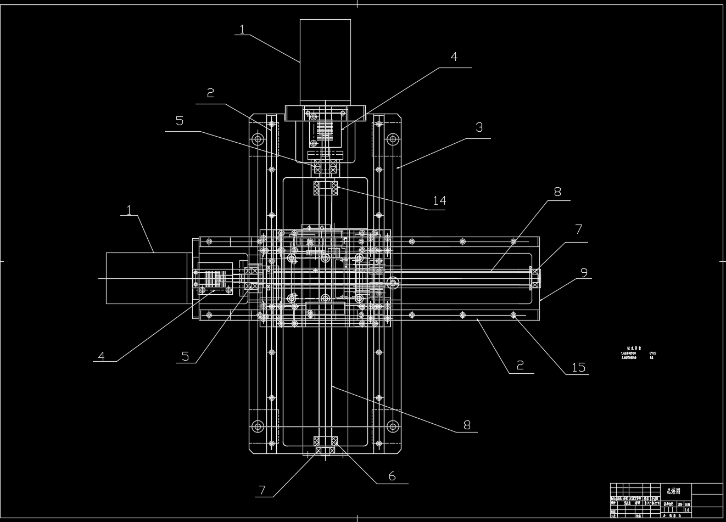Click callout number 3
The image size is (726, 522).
pyautogui.click(x=479, y=127)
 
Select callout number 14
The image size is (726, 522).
pyautogui.click(x=439, y=200)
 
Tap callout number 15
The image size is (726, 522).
pyautogui.click(x=579, y=367)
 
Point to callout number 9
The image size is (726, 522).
pyautogui.click(x=584, y=271)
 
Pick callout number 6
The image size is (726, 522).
pyautogui.click(x=392, y=476)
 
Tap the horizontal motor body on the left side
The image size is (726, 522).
pyautogui.click(x=148, y=278)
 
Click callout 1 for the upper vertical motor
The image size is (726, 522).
pyautogui.click(x=242, y=29)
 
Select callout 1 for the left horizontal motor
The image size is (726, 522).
pyautogui.click(x=129, y=210)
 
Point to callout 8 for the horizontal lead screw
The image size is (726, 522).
pyautogui.click(x=557, y=192)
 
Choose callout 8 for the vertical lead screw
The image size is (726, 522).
pyautogui.click(x=467, y=424)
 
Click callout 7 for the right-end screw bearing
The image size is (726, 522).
pyautogui.click(x=578, y=229)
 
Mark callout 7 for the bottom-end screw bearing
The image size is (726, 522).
pyautogui.click(x=263, y=490)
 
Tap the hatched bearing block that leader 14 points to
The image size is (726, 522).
pyautogui.click(x=326, y=188)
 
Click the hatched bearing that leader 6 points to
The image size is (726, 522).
pyautogui.click(x=326, y=442)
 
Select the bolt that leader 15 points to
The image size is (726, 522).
pyautogui.click(x=513, y=315)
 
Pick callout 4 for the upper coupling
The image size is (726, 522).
pyautogui.click(x=454, y=57)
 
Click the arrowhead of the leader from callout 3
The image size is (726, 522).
pyautogui.click(x=398, y=166)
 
